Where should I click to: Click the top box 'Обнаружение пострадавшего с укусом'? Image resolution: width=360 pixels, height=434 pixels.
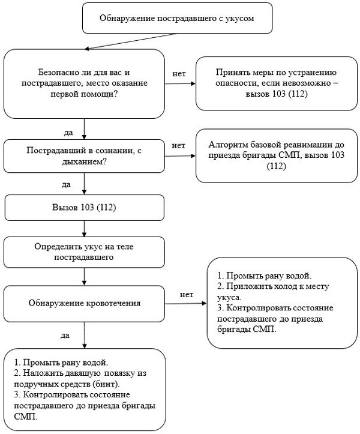177,18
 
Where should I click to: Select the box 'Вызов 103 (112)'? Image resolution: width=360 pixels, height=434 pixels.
85,208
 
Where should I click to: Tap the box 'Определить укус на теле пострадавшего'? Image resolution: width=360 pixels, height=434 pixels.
84,252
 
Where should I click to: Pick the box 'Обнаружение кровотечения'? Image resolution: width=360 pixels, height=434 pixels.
84,304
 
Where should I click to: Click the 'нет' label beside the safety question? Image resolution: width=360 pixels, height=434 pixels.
179,74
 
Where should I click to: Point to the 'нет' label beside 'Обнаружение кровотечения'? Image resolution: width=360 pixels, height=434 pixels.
187,295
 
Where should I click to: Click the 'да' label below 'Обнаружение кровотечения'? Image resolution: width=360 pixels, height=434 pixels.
65,336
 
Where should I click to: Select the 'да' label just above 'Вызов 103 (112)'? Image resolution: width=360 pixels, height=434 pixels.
66,184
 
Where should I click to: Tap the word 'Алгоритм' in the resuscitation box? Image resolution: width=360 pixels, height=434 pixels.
228,145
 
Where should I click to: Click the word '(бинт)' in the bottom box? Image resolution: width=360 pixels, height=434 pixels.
106,384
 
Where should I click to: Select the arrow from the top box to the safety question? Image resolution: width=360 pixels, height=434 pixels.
130,41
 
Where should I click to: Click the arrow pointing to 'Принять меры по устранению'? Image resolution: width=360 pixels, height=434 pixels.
180,83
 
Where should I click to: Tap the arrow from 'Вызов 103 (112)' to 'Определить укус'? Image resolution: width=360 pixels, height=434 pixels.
85,229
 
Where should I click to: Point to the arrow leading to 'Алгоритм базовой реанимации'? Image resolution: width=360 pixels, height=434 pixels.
180,156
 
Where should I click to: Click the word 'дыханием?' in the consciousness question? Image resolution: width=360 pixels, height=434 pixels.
84,161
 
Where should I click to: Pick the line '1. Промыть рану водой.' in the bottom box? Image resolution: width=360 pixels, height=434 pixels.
61,363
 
